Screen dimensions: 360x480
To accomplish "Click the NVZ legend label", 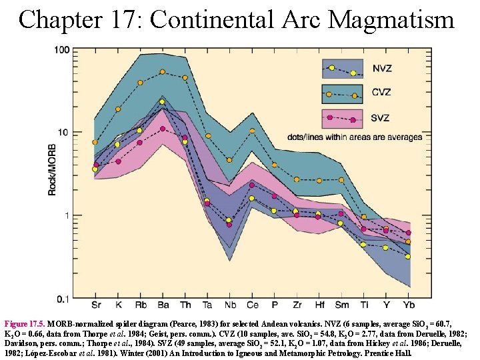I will click(x=382, y=69).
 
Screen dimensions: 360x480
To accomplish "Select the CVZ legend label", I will click(x=382, y=93).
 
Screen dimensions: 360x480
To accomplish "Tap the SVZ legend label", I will click(x=382, y=118).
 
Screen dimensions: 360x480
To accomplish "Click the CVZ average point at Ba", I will click(x=162, y=72).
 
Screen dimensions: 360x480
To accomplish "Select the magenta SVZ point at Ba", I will click(x=162, y=129).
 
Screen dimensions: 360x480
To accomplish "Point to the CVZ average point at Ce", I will click(x=251, y=131).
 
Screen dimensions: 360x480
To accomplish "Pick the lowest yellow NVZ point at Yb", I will click(x=408, y=257).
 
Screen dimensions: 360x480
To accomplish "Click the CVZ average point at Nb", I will click(x=229, y=160).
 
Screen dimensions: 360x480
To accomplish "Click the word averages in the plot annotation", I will click(x=401, y=137).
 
